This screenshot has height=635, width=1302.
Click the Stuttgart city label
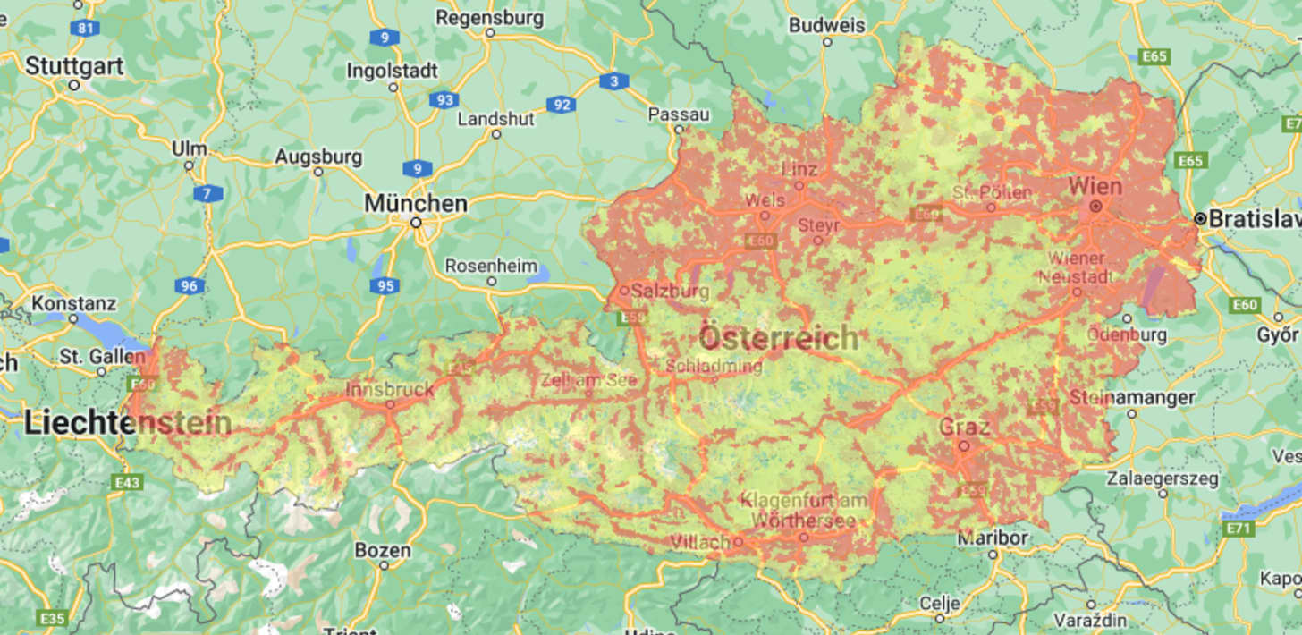[74, 66]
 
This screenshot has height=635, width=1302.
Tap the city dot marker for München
[416, 223]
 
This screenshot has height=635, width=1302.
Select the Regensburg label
[489, 18]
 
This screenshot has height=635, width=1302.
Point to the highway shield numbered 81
[86, 28]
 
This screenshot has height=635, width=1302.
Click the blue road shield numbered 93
[444, 99]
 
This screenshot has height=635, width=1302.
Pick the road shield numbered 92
[562, 105]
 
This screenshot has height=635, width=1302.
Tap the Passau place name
[678, 114]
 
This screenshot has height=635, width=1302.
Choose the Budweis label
[826, 25]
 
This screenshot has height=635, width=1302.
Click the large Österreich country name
[778, 338]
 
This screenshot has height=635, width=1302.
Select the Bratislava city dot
[1200, 219]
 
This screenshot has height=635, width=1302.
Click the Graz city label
[964, 427]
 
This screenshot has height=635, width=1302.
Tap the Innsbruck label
[390, 390]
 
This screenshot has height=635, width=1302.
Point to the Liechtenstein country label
[128, 423]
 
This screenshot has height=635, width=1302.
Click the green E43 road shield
[128, 483]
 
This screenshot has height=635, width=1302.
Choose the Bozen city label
[383, 550]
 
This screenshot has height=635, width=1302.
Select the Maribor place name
[992, 538]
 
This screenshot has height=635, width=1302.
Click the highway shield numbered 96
[190, 286]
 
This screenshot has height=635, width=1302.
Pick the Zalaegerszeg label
[1162, 478]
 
